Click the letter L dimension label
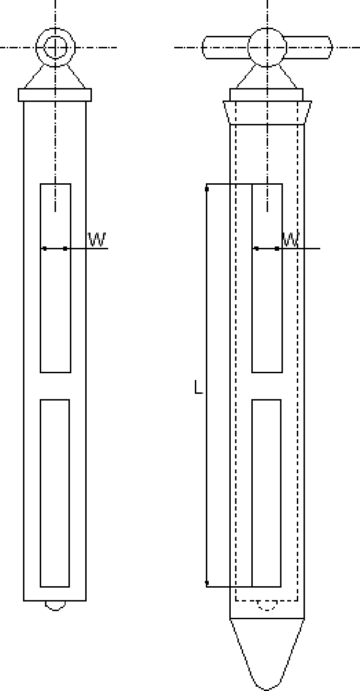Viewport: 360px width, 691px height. (x=198, y=387)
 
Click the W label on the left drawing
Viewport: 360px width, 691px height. (x=97, y=239)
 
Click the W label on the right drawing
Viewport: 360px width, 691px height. (x=291, y=239)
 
